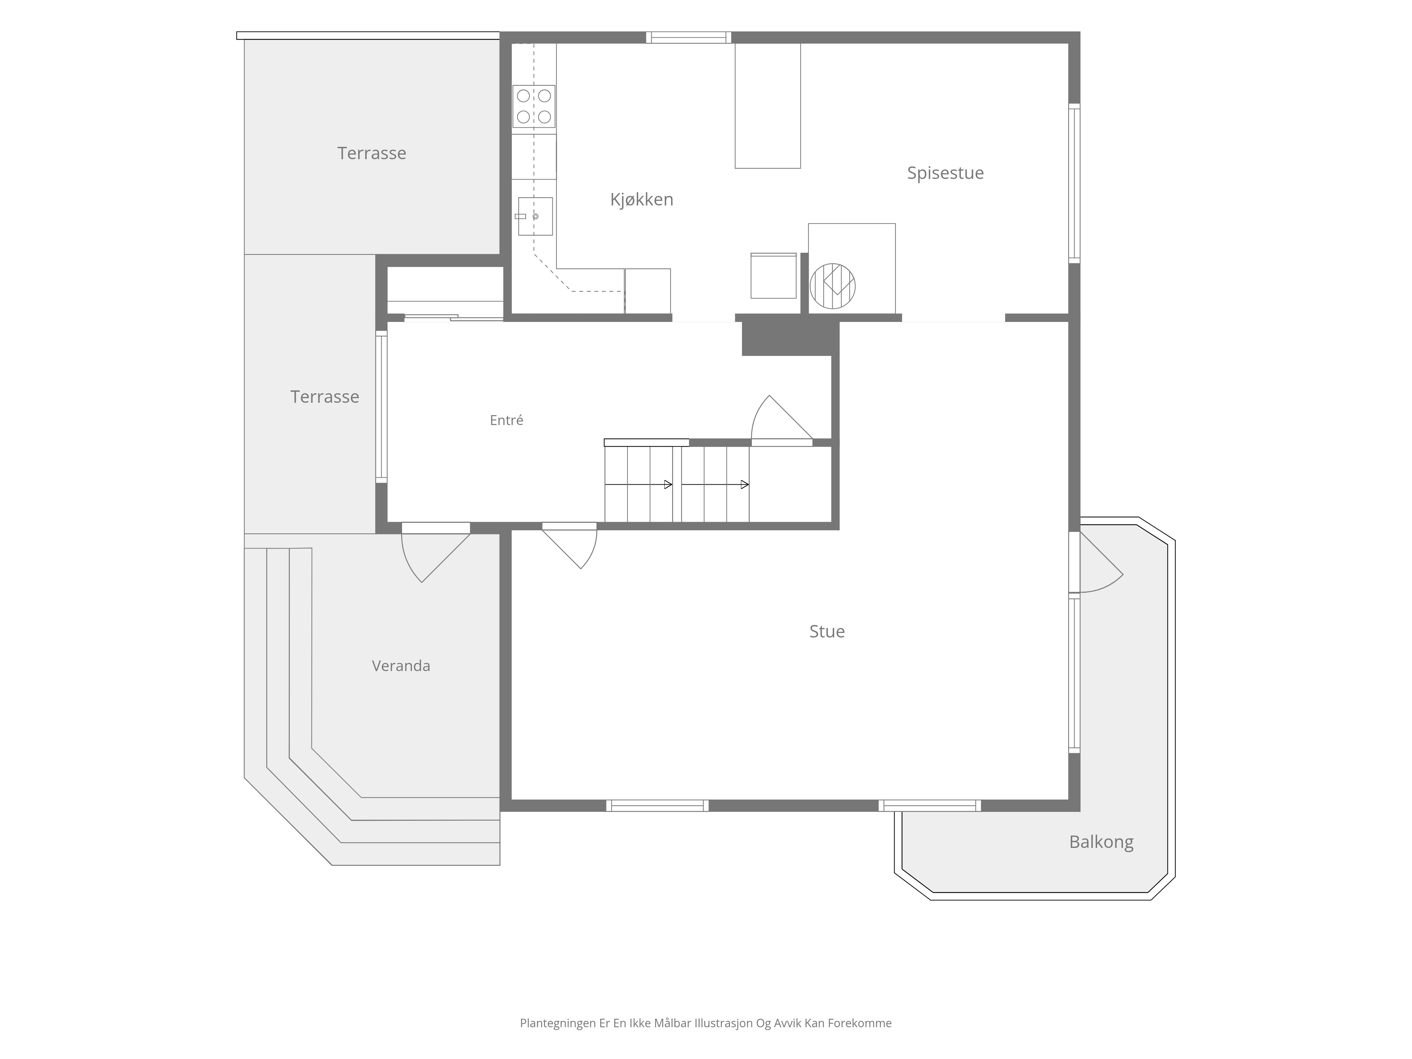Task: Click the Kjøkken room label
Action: [641, 200]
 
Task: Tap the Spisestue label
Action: [945, 173]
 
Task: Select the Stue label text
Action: [827, 631]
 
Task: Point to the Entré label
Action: [506, 420]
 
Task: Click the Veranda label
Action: [401, 666]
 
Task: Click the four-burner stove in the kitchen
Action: [534, 106]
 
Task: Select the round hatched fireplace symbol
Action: [832, 286]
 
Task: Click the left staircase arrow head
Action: [668, 485]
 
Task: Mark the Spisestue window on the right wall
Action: [1074, 183]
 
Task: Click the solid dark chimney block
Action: [790, 338]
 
